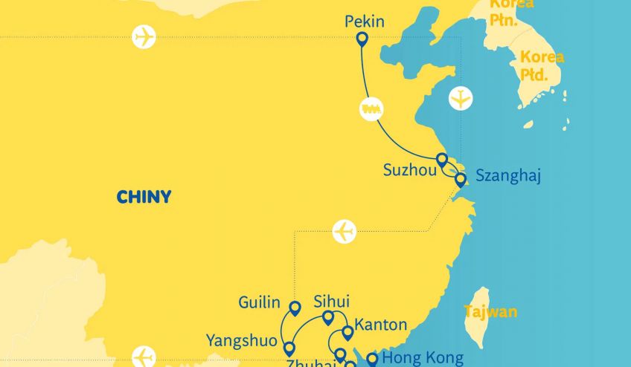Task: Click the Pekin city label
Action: tap(365, 22)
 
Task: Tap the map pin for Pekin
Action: tap(362, 39)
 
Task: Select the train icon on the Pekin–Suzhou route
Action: tap(371, 108)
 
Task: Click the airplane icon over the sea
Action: tap(461, 98)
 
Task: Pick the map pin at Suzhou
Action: tap(442, 160)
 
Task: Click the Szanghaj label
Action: tap(507, 177)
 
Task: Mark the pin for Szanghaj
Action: tap(461, 179)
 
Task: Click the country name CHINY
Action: tap(144, 198)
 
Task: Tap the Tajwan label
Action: tap(490, 312)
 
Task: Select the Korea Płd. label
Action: tap(541, 65)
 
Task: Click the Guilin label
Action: tap(259, 302)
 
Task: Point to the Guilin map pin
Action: tap(295, 308)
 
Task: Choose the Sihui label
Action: tap(331, 302)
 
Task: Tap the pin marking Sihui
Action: tap(328, 318)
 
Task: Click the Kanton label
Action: tap(381, 325)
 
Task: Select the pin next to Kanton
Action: tap(347, 332)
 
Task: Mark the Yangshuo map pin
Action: tap(289, 348)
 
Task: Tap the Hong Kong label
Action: tap(422, 358)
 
